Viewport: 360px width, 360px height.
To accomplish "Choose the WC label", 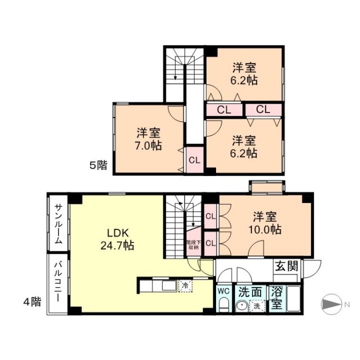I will click(x=222, y=292).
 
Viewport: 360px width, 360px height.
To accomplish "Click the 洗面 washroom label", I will click(x=250, y=292).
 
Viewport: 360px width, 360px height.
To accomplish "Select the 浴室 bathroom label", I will click(x=276, y=299).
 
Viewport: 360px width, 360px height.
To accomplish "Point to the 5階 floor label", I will click(x=98, y=165).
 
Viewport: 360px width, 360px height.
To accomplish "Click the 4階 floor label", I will click(x=32, y=301).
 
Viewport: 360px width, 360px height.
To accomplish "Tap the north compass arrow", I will click(x=331, y=304).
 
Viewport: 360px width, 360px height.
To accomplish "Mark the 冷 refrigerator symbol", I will click(x=184, y=286).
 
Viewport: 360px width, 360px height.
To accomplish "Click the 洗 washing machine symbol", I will click(x=256, y=306).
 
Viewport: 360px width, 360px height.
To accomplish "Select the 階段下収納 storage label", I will click(x=193, y=245).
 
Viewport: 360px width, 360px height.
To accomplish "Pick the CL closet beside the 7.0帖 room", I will click(x=194, y=160).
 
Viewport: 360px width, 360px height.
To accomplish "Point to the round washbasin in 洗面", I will click(x=242, y=306).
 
